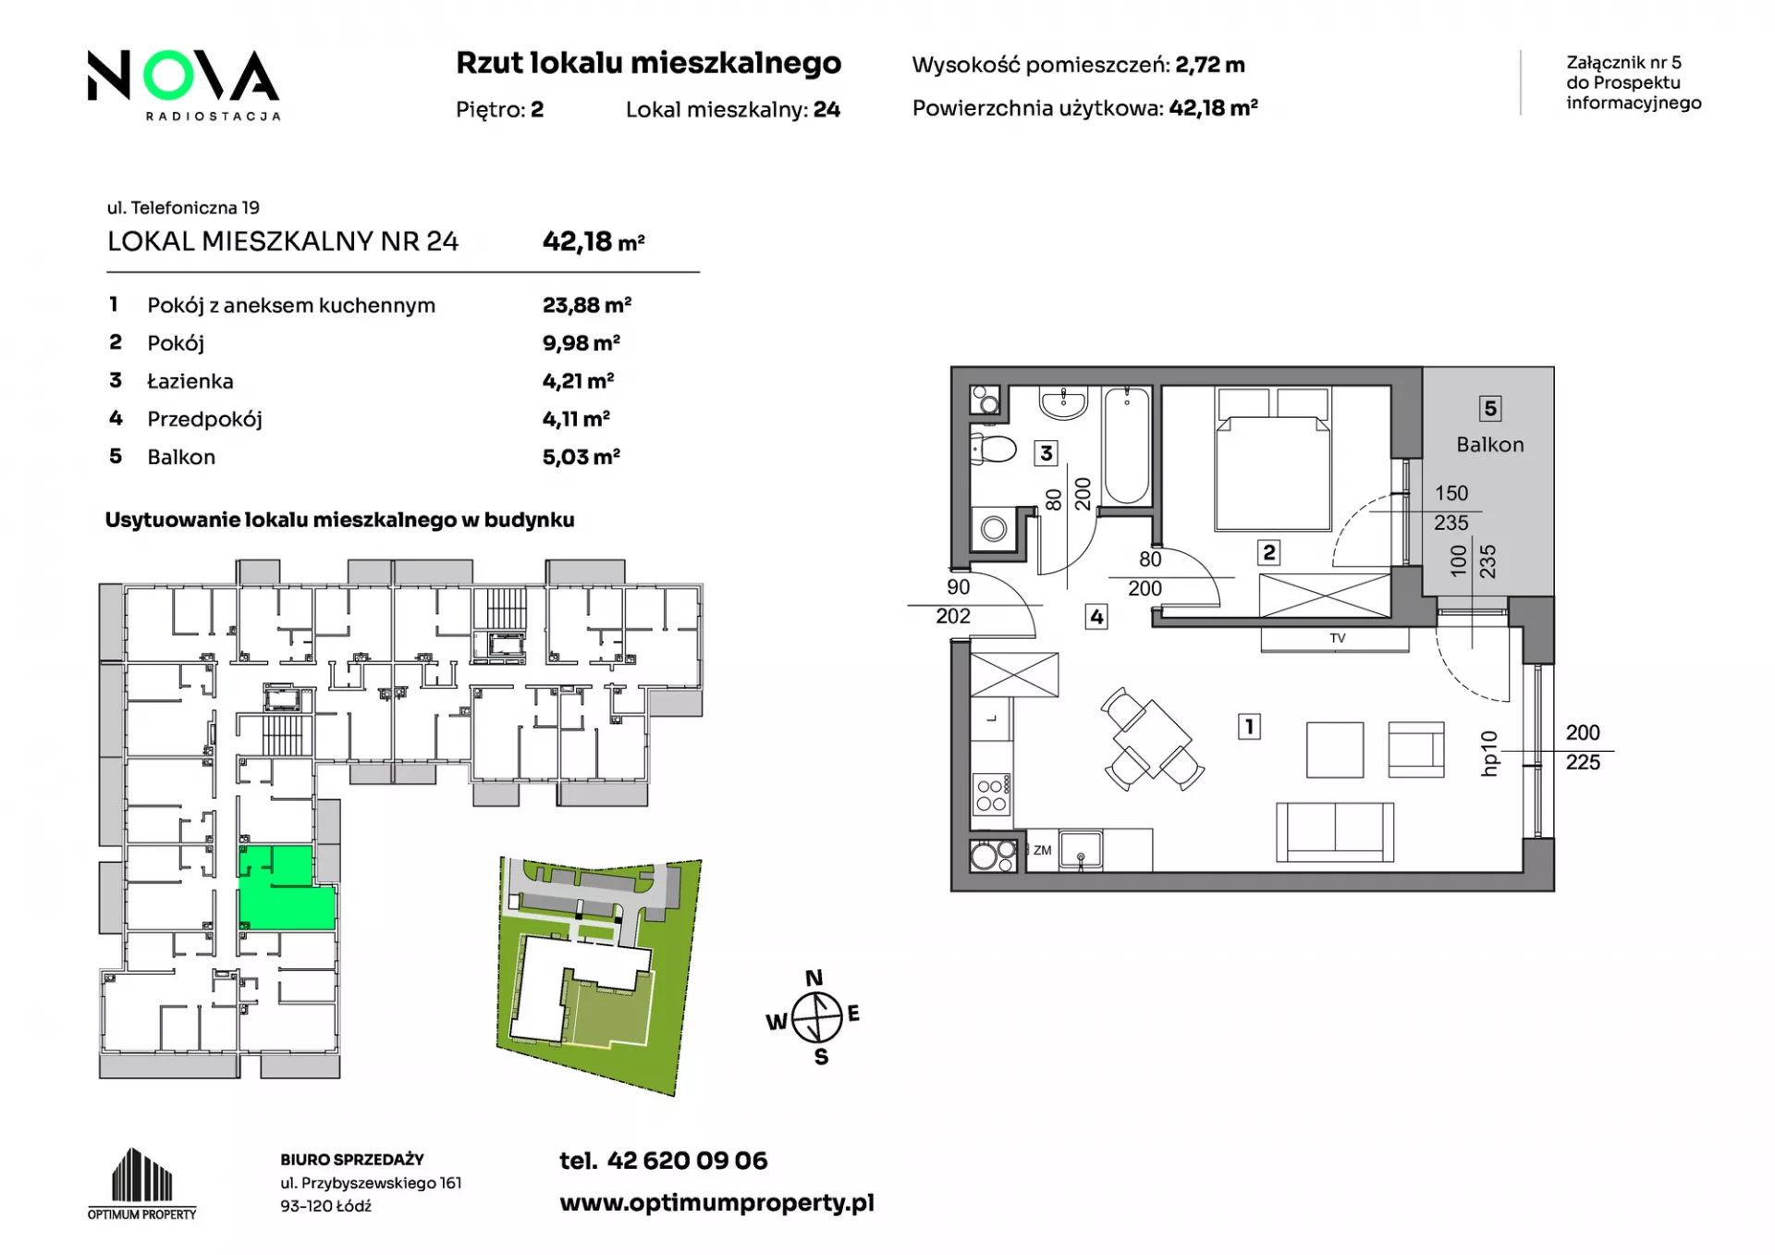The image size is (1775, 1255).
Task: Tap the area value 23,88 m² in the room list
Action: pyautogui.click(x=587, y=304)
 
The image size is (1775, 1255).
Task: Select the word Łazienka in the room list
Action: pyautogui.click(x=190, y=381)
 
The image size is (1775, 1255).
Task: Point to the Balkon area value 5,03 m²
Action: pyautogui.click(x=581, y=456)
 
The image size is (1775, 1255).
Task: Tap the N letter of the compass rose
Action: pyautogui.click(x=814, y=978)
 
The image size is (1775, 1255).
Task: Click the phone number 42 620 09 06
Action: pyautogui.click(x=687, y=1161)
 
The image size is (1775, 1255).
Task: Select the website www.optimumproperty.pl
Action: pyautogui.click(x=716, y=1202)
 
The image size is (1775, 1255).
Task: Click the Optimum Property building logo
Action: pyautogui.click(x=142, y=1184)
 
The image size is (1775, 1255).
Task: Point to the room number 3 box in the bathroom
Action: pyautogui.click(x=1046, y=453)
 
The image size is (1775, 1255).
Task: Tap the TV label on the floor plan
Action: pyautogui.click(x=1338, y=638)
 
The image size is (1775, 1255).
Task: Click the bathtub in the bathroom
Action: pyautogui.click(x=1126, y=446)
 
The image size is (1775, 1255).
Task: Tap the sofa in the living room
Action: pyautogui.click(x=1334, y=831)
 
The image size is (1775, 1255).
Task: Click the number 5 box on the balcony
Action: pyautogui.click(x=1489, y=409)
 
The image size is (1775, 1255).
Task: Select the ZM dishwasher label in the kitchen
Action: pyautogui.click(x=1042, y=851)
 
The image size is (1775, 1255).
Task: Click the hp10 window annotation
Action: pyautogui.click(x=1488, y=754)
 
